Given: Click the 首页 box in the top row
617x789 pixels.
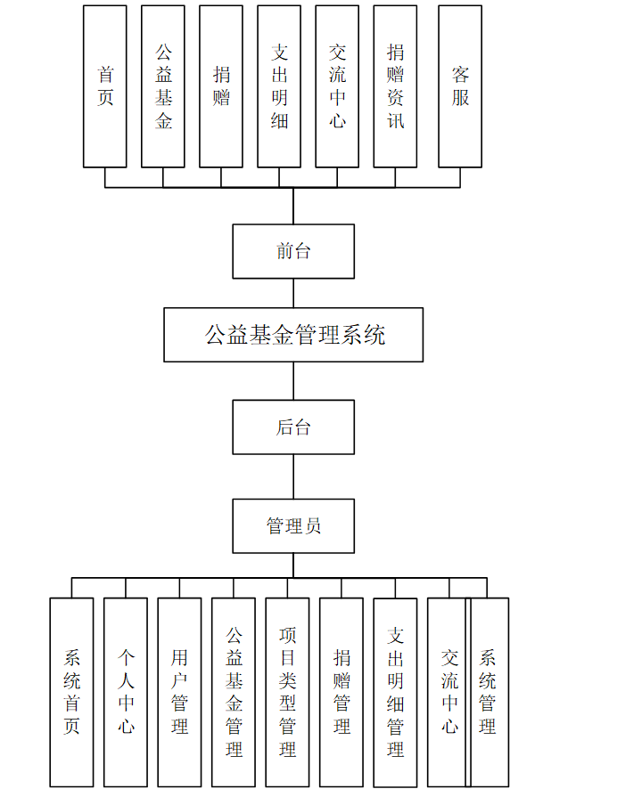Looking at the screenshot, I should click(x=105, y=86).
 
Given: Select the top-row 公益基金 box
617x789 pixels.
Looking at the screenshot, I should click(x=163, y=86).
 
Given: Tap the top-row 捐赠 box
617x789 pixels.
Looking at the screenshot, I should click(x=221, y=86).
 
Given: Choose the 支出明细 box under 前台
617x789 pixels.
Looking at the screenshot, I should click(x=279, y=86).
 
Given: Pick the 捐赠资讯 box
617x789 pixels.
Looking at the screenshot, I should click(x=395, y=86).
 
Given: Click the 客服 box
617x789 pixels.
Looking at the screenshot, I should click(x=460, y=86).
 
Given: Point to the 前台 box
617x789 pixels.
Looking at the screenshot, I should click(x=293, y=251).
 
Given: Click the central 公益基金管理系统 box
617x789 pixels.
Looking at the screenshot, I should click(x=293, y=335).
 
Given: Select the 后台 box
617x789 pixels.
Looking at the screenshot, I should click(x=293, y=427).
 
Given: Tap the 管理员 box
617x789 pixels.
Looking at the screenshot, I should click(x=293, y=526).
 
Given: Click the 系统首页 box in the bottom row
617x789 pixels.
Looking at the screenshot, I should click(x=71, y=692).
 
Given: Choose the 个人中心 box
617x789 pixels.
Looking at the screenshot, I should click(x=126, y=692).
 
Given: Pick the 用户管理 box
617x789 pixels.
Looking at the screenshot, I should click(x=179, y=692).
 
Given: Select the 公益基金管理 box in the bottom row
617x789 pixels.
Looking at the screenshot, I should click(x=234, y=692).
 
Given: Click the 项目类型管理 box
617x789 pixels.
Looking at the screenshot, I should click(x=287, y=692).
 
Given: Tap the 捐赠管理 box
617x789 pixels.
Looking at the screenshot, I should click(x=341, y=692).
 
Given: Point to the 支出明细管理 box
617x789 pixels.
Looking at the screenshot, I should click(x=395, y=692).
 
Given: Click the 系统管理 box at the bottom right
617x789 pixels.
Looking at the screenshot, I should click(x=489, y=692).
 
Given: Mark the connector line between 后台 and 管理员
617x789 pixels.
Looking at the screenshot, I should click(x=293, y=476).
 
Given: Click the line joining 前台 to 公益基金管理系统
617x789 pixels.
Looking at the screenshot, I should click(x=293, y=293).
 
